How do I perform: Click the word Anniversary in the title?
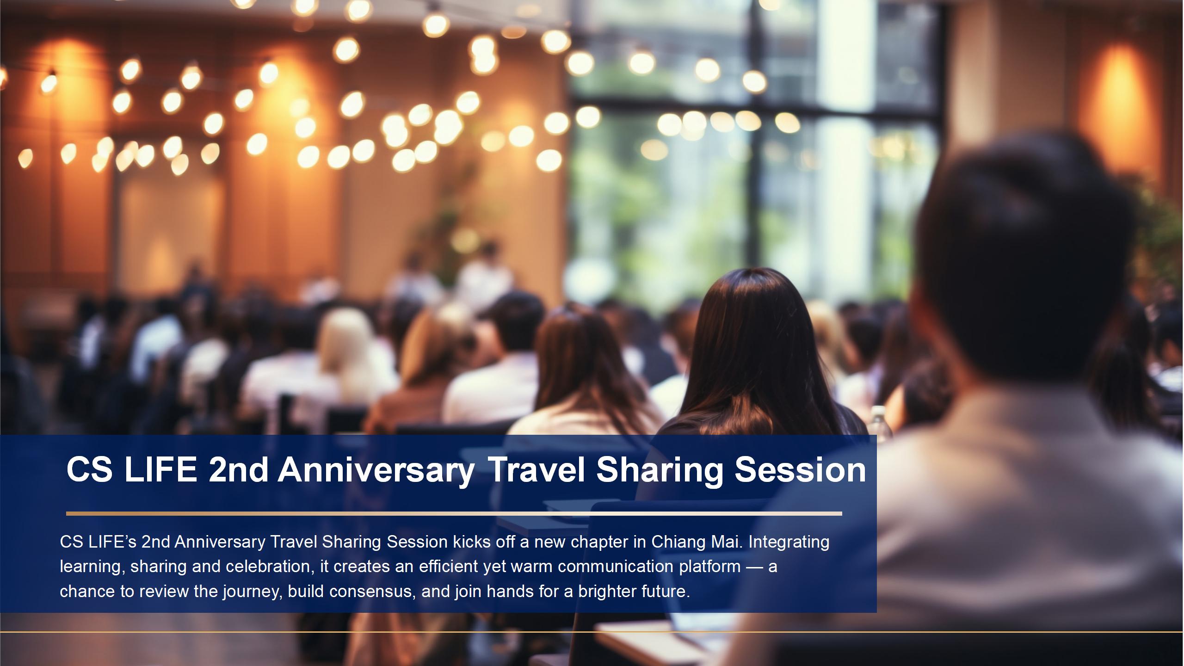tap(376, 470)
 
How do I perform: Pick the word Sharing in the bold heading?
tap(660, 471)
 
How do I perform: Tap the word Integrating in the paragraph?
tap(789, 543)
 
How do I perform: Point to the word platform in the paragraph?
tap(710, 567)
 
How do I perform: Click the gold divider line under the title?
tap(454, 513)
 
